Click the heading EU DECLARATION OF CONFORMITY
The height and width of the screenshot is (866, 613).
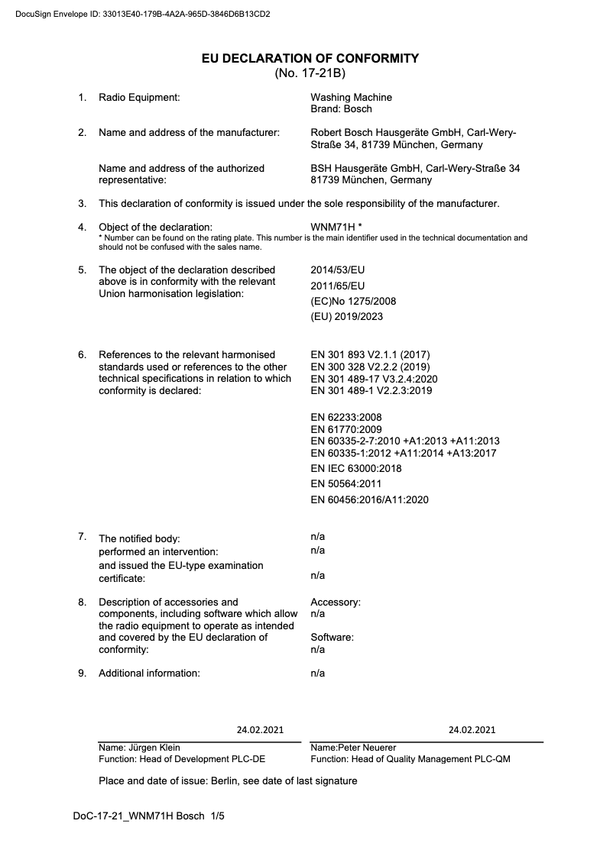coord(310,58)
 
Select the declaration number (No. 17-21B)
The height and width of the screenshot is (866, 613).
coord(310,73)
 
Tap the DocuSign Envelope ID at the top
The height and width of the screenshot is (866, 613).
coord(142,14)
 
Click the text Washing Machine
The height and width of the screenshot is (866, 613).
coord(351,97)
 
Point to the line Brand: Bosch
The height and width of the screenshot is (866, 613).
coord(341,109)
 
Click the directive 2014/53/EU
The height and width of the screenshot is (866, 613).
coord(338,270)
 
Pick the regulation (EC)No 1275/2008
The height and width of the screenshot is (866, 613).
coord(353,301)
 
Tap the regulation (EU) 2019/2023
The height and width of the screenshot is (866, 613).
coord(347,316)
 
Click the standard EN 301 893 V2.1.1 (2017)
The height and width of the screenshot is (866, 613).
coord(371,354)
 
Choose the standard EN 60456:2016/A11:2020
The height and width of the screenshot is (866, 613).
coord(369,499)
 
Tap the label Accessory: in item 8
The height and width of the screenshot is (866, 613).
coord(336,602)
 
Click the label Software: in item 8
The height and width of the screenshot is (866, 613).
coord(332,637)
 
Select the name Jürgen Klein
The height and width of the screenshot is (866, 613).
coord(153,747)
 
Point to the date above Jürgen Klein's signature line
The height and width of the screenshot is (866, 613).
coord(260,729)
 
